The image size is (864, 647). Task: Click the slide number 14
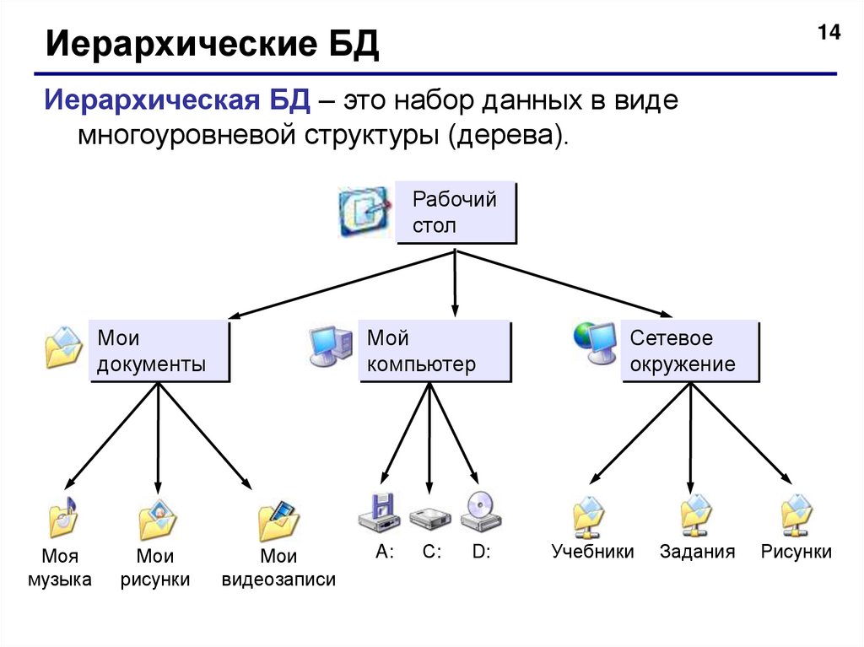coord(829,34)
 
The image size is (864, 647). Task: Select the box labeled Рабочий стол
coord(456,213)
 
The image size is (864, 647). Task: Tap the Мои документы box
coord(159,351)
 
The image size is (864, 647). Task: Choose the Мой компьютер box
coord(435,351)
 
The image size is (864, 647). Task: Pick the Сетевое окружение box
coord(690,351)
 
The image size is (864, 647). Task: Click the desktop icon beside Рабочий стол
coord(365,210)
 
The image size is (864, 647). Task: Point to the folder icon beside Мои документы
coord(64,347)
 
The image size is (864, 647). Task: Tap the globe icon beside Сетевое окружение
coord(594,342)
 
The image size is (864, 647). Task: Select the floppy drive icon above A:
coord(378,512)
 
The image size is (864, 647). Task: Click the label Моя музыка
coord(60,568)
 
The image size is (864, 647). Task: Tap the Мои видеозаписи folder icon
coord(279,521)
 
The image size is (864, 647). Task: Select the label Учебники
coord(593,552)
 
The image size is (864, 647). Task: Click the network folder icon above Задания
coord(697,516)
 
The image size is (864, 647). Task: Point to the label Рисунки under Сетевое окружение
coord(796,552)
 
